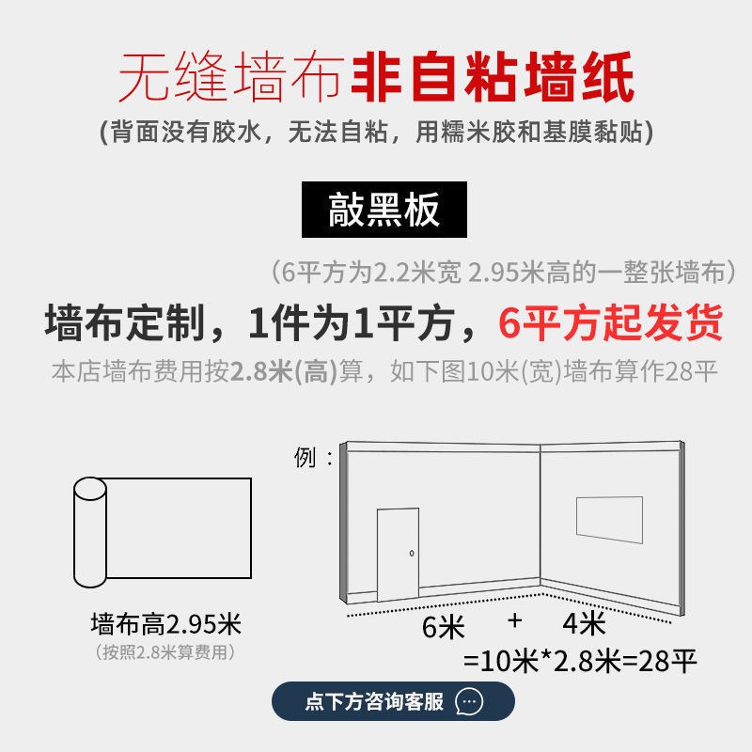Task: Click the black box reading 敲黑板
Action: (384, 210)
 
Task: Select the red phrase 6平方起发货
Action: (610, 323)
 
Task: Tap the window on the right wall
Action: (610, 520)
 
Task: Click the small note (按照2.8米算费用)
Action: (165, 651)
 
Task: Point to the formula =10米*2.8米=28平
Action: (581, 661)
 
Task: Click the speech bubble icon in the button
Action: (469, 701)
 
